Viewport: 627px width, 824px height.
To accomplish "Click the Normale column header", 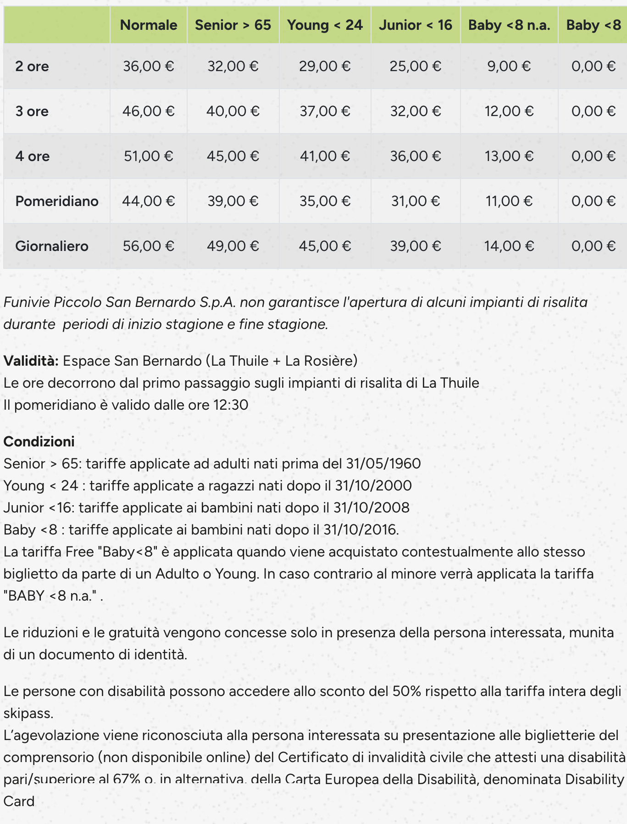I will tap(149, 25).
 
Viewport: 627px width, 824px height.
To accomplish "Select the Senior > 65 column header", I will tap(233, 25).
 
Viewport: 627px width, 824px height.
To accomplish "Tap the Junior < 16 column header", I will tap(416, 25).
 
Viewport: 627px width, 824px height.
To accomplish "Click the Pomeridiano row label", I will tap(57, 201).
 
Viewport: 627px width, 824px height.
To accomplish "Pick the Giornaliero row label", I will tap(52, 246).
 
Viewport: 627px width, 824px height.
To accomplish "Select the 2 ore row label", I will tap(32, 66).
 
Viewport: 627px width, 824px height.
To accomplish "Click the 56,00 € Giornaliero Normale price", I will tap(149, 246).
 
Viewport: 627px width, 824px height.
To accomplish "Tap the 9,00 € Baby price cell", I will tap(509, 66).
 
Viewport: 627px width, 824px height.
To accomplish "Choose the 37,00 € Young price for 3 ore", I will tap(325, 111).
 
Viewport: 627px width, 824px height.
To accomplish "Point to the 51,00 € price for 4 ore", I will tap(149, 156).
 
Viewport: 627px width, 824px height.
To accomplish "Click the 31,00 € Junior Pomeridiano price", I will tap(416, 201).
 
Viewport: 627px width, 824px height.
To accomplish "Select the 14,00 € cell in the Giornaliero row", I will tap(509, 246).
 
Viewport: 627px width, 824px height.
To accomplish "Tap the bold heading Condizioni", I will tap(39, 441).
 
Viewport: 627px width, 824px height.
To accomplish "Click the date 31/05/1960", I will tap(383, 463).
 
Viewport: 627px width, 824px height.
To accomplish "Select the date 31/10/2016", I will tap(360, 529).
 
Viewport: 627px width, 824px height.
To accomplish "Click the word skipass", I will tap(28, 713).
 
